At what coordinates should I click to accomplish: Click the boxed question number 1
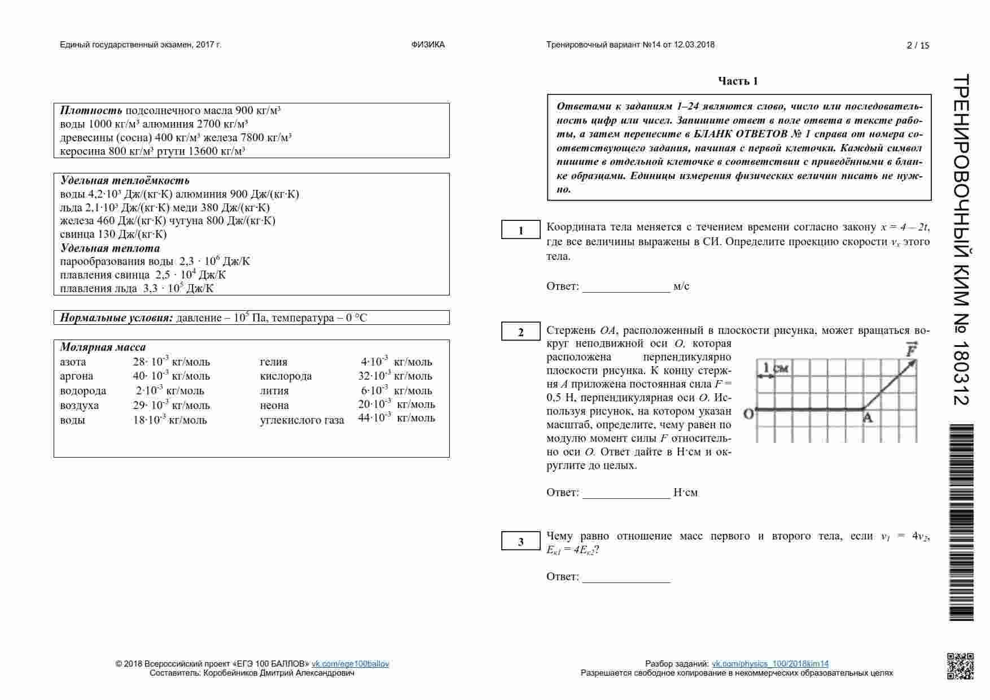pos(520,231)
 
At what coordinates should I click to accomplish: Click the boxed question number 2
pos(520,332)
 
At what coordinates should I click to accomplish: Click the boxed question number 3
pos(520,542)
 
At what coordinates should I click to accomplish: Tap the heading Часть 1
pos(738,81)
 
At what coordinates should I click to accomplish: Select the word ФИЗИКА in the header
pos(428,45)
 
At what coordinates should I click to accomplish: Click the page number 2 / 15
pos(917,46)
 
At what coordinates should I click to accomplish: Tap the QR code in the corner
pos(960,666)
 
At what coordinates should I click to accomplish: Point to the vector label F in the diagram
pos(910,350)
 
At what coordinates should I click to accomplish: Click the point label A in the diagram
pos(868,418)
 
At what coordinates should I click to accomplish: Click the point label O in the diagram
pos(748,414)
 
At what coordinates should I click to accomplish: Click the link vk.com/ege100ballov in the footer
pos(350,664)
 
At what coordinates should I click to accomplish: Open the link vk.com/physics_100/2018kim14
pos(770,664)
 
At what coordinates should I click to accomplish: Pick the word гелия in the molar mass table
pos(274,362)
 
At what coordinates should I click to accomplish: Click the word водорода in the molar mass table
pos(83,391)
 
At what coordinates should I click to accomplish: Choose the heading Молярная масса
pos(103,347)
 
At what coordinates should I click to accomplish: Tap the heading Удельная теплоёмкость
pos(125,181)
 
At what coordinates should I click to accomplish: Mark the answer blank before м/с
pos(626,286)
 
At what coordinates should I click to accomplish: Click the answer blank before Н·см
pos(626,493)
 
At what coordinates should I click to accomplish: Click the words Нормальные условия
pos(116,318)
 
